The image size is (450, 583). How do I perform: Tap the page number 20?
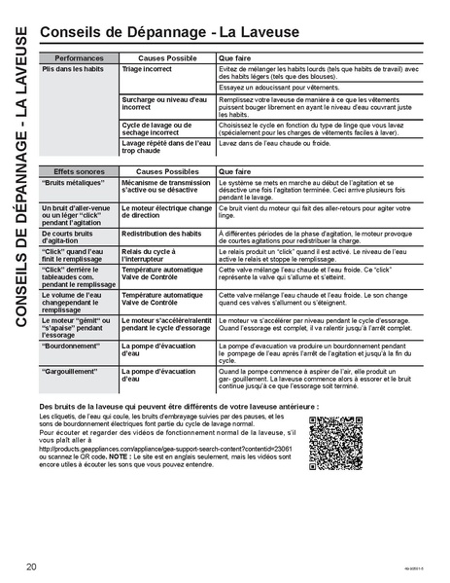tap(32, 565)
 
